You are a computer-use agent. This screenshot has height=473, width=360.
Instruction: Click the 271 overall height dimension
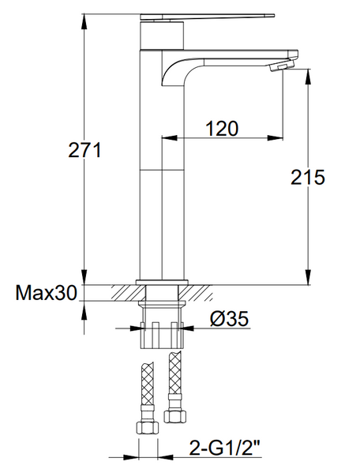pyautogui.click(x=84, y=150)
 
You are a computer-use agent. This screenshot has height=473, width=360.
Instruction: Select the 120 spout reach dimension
pyautogui.click(x=222, y=128)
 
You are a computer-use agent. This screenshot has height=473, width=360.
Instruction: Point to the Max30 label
pyautogui.click(x=46, y=292)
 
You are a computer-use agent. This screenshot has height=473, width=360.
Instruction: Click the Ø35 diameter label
pyautogui.click(x=230, y=318)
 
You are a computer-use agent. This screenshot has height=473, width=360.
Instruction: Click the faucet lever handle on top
pyautogui.click(x=208, y=17)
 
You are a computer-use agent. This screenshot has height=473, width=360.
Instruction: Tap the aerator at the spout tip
pyautogui.click(x=281, y=66)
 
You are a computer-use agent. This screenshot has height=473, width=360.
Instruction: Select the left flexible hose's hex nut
pyautogui.click(x=148, y=427)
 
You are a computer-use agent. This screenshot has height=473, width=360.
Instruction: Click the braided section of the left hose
pyautogui.click(x=147, y=385)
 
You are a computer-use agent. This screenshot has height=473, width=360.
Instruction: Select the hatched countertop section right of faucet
pyautogui.click(x=195, y=293)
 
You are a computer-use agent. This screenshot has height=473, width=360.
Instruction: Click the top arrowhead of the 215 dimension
pyautogui.click(x=308, y=77)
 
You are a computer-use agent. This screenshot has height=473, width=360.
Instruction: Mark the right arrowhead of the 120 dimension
pyautogui.click(x=276, y=138)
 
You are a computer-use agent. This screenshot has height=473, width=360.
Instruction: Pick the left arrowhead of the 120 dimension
pyautogui.click(x=169, y=138)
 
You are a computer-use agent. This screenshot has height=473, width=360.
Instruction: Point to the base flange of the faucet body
pyautogui.click(x=162, y=282)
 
